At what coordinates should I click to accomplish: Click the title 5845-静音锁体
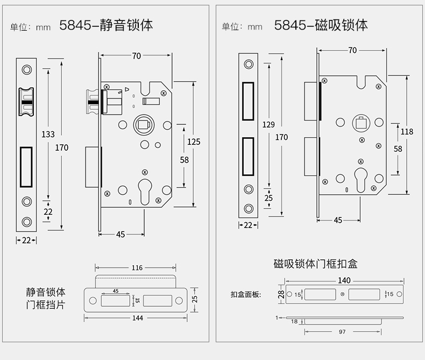click(106, 25)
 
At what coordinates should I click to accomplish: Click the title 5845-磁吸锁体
click(321, 25)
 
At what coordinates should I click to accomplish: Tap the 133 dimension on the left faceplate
click(48, 133)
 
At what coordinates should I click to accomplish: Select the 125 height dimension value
click(194, 142)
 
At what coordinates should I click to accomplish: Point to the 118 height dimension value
click(407, 131)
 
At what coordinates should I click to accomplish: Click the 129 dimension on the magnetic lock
click(268, 125)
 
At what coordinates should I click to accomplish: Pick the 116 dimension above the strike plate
click(136, 267)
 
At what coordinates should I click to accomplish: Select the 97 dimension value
click(342, 332)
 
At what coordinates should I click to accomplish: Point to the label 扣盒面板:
click(245, 294)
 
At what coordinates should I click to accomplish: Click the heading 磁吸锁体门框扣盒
click(315, 264)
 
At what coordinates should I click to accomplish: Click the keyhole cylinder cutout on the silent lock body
click(144, 190)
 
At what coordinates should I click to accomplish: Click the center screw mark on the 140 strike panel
click(343, 294)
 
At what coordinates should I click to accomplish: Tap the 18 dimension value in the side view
click(294, 321)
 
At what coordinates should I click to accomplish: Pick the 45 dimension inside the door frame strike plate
click(115, 291)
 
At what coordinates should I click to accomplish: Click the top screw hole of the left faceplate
click(26, 69)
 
